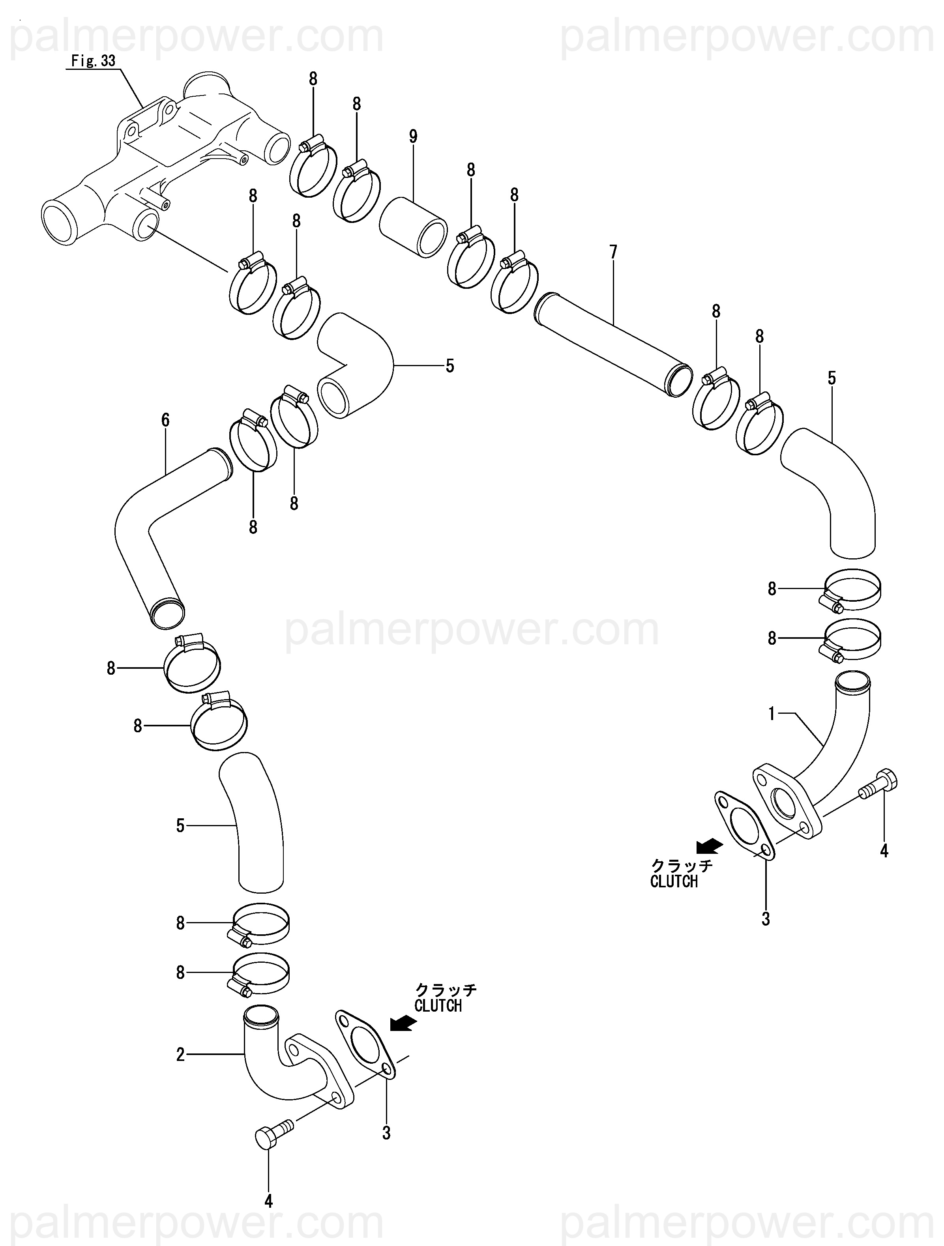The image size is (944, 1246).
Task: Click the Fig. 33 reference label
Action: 94,61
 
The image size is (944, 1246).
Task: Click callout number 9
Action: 413,136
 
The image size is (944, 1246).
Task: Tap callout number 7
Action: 613,252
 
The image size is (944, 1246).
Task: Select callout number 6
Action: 165,420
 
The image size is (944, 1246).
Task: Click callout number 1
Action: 772,714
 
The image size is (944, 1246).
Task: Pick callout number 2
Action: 180,1055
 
